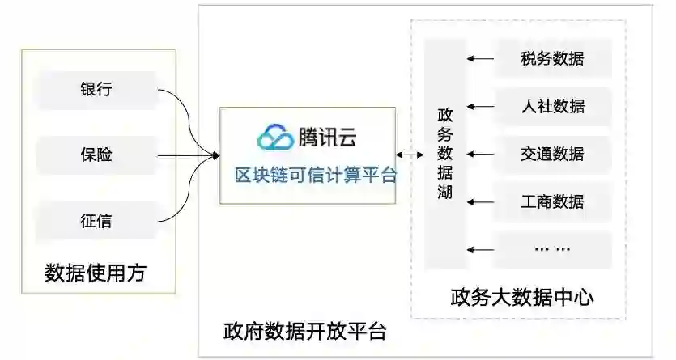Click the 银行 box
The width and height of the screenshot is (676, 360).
click(x=96, y=89)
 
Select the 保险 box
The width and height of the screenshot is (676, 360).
click(x=96, y=155)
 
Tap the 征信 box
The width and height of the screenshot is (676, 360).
click(x=96, y=219)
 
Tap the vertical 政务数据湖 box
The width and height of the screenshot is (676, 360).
click(x=445, y=154)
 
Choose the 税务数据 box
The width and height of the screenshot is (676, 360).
click(x=552, y=58)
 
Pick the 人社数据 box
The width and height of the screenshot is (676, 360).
click(x=552, y=106)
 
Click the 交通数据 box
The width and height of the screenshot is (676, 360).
click(x=552, y=154)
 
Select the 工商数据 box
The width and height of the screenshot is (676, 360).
click(x=552, y=201)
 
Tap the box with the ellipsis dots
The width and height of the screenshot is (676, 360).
click(x=552, y=248)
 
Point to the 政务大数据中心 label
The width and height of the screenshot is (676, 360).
click(x=521, y=297)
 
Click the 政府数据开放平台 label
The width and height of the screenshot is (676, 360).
click(x=304, y=332)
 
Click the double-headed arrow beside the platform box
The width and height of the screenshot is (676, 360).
click(x=411, y=155)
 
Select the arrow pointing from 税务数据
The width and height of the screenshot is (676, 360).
click(x=480, y=58)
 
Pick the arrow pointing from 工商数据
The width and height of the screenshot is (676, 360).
click(x=480, y=201)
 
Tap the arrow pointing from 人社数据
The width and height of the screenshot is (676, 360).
click(x=480, y=106)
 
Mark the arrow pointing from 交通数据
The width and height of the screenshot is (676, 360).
click(x=480, y=154)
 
